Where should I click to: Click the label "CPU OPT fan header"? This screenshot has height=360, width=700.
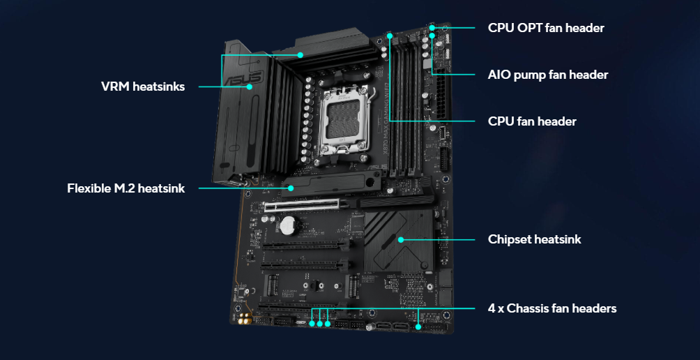click(546, 28)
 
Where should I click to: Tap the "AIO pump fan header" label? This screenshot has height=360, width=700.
click(548, 75)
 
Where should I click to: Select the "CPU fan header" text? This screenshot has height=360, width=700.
click(532, 121)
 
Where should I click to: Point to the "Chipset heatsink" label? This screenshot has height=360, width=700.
click(534, 239)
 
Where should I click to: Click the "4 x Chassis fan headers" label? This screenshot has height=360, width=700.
click(552, 308)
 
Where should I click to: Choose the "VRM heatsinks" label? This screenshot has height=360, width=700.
click(143, 87)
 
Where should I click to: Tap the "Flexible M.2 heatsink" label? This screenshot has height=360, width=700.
click(126, 188)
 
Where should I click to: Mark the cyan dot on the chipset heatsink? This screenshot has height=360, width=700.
click(400, 239)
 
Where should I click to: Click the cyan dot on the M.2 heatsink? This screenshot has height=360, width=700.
click(291, 188)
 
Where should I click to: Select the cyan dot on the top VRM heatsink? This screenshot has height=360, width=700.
click(300, 55)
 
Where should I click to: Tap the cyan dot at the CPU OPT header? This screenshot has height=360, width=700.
click(432, 28)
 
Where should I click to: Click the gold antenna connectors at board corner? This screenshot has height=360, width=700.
click(245, 319)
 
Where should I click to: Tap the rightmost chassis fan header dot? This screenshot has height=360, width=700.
click(418, 327)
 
